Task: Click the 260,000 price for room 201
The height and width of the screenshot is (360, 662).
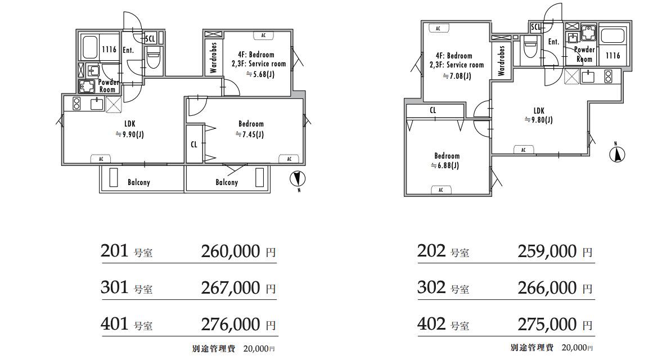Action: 231,251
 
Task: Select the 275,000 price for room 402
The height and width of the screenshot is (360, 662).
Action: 547,325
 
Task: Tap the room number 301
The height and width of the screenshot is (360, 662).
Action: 114,287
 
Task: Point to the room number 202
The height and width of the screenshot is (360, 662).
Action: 431,251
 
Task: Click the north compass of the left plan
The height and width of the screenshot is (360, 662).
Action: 297,180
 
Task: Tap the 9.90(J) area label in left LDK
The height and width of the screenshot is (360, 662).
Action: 130,134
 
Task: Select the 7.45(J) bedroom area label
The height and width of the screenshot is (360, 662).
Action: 250,134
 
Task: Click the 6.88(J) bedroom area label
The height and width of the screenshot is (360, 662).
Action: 445,165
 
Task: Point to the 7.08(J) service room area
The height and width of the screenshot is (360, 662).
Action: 457,76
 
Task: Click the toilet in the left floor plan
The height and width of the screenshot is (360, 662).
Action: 153,58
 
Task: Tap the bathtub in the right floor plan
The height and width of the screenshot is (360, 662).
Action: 613,37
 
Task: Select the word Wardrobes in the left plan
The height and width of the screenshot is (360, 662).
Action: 213,58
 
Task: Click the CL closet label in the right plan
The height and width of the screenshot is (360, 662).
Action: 433,111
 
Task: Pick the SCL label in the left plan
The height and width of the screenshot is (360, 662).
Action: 150,39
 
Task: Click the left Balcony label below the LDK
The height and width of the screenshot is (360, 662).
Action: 139,182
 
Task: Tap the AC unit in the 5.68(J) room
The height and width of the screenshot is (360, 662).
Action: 263,35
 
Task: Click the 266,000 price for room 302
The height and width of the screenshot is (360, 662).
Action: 547,288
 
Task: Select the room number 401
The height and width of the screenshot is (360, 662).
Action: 114,324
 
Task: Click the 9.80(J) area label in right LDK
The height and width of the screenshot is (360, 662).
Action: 539,120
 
